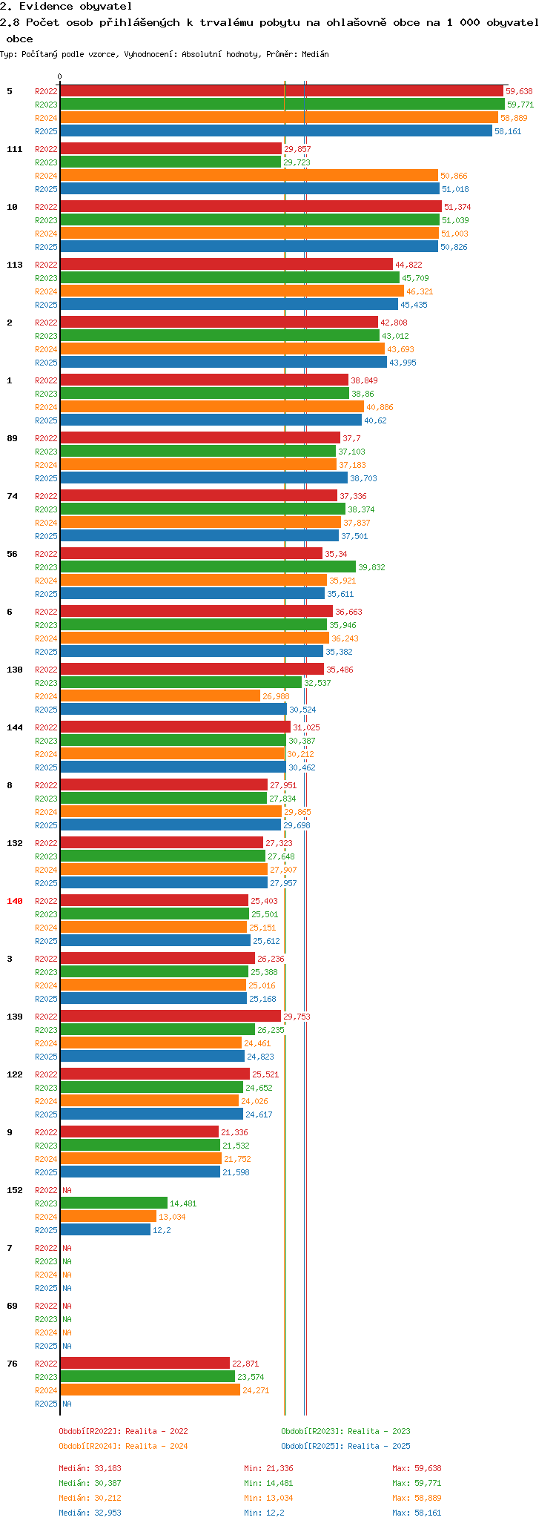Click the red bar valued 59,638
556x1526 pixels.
coord(282,91)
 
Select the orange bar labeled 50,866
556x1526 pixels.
coord(249,176)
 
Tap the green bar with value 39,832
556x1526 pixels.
coord(208,567)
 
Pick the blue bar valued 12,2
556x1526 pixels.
coord(105,1230)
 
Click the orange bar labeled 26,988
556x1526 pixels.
coord(160,696)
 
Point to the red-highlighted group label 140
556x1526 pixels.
coord(15,901)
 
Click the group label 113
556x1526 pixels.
coord(15,265)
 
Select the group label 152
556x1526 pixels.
coord(15,1190)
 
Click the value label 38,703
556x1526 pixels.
coord(363,478)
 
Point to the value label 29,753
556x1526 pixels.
coord(297,1017)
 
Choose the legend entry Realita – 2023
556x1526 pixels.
coord(345,1431)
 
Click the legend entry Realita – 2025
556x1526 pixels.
coord(345,1446)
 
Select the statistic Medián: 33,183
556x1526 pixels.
coord(90,1468)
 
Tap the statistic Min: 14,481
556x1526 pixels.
coord(264,1483)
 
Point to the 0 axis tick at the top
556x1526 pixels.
coord(60,76)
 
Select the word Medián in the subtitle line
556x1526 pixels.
coord(316,54)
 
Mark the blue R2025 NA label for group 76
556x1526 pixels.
coord(67,1404)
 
